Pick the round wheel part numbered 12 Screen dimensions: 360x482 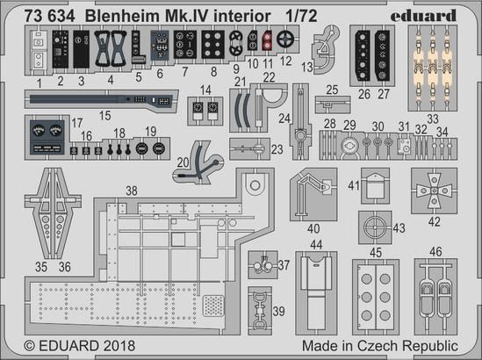click(283, 40)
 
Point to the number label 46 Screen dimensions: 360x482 click(435, 251)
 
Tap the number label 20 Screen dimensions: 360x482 click(183, 162)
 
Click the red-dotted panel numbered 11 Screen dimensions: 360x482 click(266, 40)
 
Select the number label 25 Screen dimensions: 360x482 click(334, 90)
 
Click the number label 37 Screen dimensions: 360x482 click(284, 265)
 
